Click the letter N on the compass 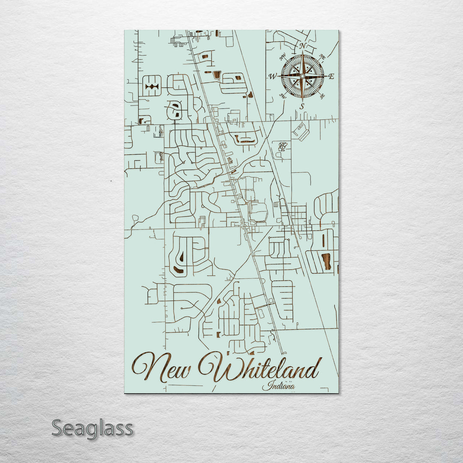302,46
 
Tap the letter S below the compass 302,106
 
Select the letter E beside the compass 331,76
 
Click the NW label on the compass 283,58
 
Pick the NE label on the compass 322,57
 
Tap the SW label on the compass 283,96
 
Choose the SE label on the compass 322,96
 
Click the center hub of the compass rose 302,76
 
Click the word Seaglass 93,428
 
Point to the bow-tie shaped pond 152,87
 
